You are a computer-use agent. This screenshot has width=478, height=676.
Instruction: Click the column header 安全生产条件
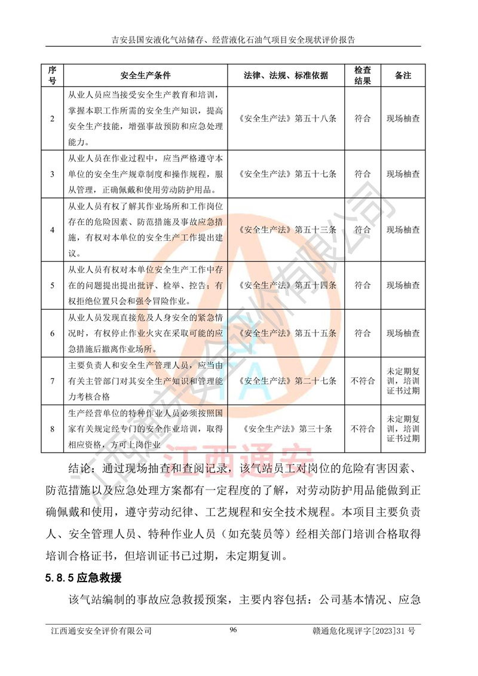145,76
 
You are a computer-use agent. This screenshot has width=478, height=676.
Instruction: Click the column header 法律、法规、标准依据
286,76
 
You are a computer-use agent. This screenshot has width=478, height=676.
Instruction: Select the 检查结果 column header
363,76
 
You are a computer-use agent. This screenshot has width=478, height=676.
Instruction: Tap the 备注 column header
403,76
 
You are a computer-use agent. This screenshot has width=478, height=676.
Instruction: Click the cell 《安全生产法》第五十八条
286,118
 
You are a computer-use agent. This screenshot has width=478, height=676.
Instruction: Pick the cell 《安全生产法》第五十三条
286,230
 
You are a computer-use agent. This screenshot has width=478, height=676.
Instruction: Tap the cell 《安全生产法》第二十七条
286,380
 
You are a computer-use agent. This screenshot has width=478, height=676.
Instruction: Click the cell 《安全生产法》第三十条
286,429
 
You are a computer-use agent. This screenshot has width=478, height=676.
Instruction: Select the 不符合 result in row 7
363,380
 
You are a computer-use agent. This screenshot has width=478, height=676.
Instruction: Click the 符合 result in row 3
363,174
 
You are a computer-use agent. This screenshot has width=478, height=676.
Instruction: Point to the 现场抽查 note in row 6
403,333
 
